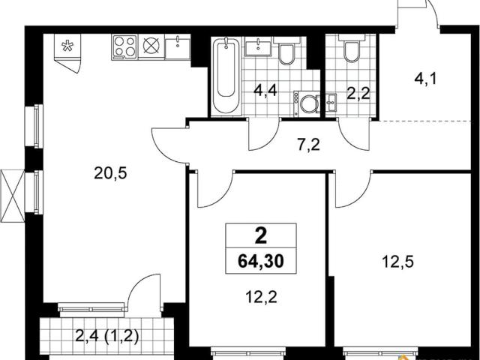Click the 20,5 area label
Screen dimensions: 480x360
click(x=110, y=174)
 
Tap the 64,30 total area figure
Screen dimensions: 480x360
click(x=261, y=261)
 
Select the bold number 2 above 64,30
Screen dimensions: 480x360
click(x=261, y=236)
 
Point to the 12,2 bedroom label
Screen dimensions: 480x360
click(x=262, y=297)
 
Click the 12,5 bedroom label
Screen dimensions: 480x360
click(x=398, y=262)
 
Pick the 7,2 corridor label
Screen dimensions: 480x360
click(x=308, y=145)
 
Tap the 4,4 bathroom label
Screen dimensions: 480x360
click(x=265, y=91)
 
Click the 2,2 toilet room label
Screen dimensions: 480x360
click(x=358, y=93)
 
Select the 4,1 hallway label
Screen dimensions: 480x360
click(x=425, y=79)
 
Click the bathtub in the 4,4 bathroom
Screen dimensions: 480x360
click(x=226, y=75)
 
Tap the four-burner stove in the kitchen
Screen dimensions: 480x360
click(x=124, y=46)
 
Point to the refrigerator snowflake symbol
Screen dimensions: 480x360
click(x=67, y=46)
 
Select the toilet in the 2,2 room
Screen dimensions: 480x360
click(x=352, y=48)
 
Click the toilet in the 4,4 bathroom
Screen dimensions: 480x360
click(x=286, y=51)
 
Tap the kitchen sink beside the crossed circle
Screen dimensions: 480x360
click(x=178, y=46)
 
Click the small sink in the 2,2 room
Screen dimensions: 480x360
click(x=331, y=103)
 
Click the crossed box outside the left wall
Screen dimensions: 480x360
click(x=12, y=196)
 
